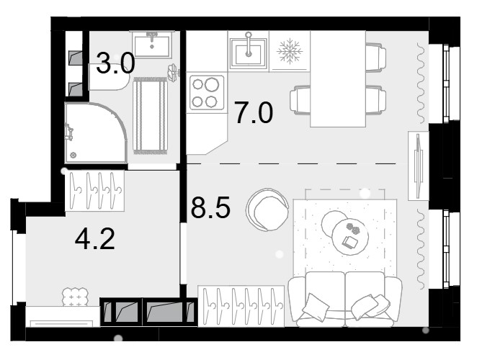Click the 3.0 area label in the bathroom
[x=115, y=63]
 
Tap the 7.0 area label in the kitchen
[x=254, y=112]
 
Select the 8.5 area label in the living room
[x=210, y=207]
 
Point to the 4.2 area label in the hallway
[x=94, y=239]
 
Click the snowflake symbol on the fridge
[x=290, y=51]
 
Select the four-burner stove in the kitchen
[x=207, y=93]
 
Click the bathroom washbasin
[x=152, y=45]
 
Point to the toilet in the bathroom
[x=109, y=76]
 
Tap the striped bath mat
[x=151, y=115]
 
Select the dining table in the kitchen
[x=338, y=79]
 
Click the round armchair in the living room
[x=268, y=210]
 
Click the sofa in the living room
[x=345, y=299]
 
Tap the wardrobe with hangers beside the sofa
[x=241, y=306]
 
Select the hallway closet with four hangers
[x=94, y=191]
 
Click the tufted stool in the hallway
[x=75, y=297]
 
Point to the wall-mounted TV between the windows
[x=419, y=166]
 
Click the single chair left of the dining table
[x=300, y=100]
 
